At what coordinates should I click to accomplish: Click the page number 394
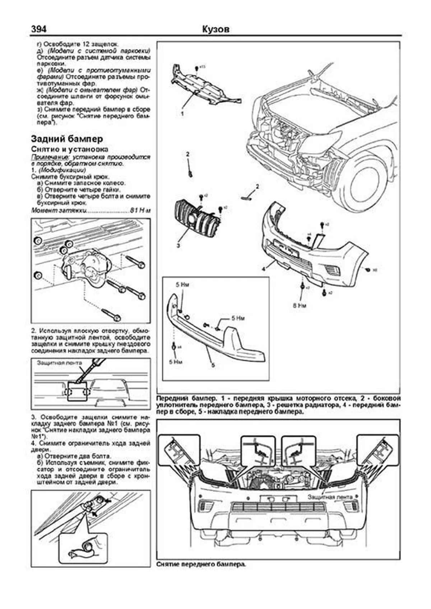click(39, 29)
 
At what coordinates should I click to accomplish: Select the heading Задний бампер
click(67, 139)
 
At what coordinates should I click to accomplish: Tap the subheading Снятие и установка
click(69, 149)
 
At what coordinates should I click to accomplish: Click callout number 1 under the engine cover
click(182, 113)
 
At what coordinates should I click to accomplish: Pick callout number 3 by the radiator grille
click(178, 246)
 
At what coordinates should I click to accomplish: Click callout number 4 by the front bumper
click(263, 268)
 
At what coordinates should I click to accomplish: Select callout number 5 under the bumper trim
click(213, 365)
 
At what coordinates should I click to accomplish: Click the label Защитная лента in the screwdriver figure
click(59, 362)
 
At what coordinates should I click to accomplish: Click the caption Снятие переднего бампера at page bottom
click(201, 574)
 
